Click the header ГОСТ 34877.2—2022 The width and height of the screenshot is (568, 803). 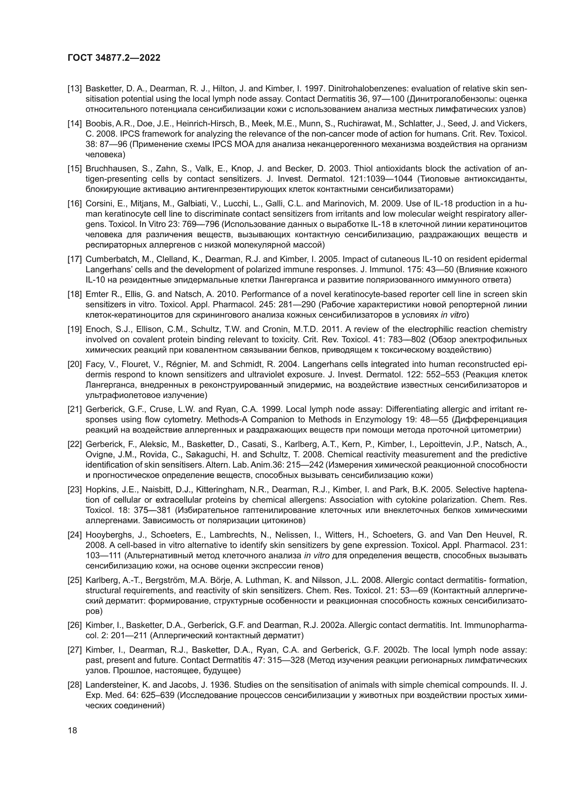(x=114, y=58)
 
